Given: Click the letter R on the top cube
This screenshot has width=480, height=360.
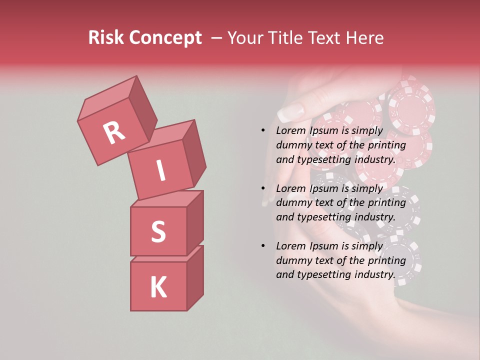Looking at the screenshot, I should pyautogui.click(x=114, y=133).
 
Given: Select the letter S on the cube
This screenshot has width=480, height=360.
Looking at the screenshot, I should pyautogui.click(x=158, y=231).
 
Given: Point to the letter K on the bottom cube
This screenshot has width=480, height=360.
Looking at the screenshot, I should pyautogui.click(x=158, y=287).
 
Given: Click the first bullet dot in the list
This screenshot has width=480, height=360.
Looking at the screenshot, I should pyautogui.click(x=263, y=130).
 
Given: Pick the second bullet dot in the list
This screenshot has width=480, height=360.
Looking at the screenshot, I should pyautogui.click(x=263, y=188).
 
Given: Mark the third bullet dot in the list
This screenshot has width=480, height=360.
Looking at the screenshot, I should pyautogui.click(x=263, y=246).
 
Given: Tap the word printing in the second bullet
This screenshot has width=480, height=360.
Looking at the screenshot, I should pyautogui.click(x=387, y=202).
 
